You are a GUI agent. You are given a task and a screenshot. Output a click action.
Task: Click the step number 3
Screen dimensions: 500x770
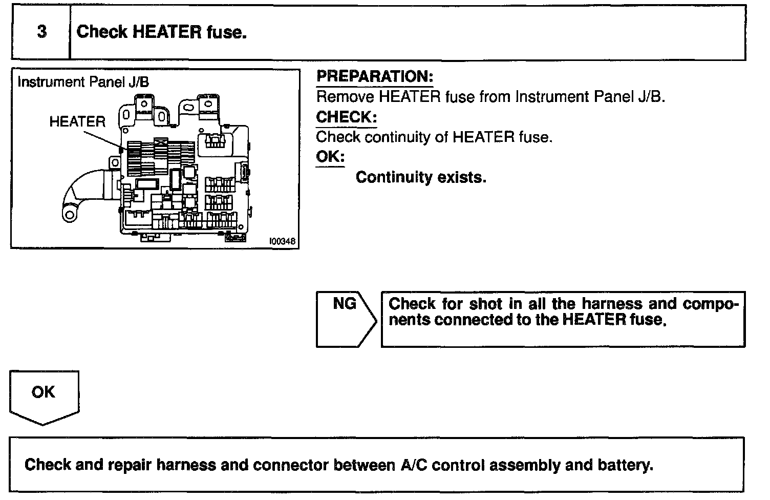pyautogui.click(x=41, y=32)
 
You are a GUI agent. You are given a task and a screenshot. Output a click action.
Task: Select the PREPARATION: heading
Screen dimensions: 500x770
pyautogui.click(x=375, y=77)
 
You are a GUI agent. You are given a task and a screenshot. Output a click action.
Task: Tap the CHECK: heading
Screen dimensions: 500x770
pyautogui.click(x=346, y=117)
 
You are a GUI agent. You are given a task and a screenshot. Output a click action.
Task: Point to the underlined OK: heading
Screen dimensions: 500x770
pyautogui.click(x=330, y=156)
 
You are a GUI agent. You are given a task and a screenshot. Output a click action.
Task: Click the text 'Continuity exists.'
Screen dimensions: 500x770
pyautogui.click(x=421, y=177)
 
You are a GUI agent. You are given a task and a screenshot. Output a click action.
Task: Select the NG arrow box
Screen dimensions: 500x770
pyautogui.click(x=346, y=319)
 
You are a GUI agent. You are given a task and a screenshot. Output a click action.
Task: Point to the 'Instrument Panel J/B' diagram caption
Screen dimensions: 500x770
pyautogui.click(x=83, y=82)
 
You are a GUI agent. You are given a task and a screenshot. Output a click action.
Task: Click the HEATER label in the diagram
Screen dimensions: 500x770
pyautogui.click(x=77, y=122)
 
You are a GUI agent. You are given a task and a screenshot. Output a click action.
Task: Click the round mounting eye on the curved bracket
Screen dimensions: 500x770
pyautogui.click(x=69, y=214)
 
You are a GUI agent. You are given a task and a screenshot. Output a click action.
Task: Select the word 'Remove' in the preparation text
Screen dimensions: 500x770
pyautogui.click(x=345, y=97)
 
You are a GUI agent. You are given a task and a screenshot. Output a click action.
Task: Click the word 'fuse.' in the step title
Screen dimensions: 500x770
pyautogui.click(x=226, y=32)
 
